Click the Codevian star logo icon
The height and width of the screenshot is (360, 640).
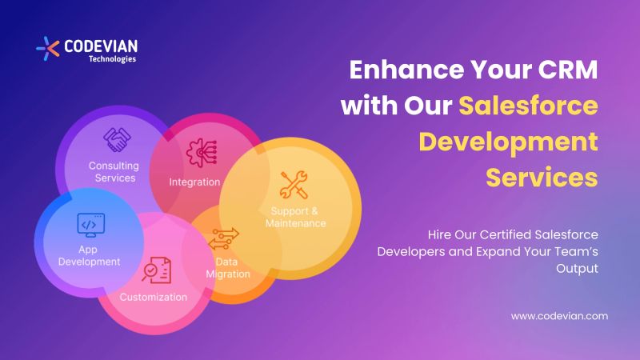[48, 47]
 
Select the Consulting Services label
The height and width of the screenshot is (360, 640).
[114, 171]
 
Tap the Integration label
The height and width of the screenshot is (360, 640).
[194, 182]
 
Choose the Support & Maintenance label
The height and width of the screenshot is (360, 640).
[296, 217]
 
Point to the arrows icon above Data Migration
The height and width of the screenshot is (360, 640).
[224, 238]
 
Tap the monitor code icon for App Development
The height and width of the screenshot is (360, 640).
[88, 226]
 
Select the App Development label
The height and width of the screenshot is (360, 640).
[88, 254]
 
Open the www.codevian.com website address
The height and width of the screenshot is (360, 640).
[559, 315]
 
